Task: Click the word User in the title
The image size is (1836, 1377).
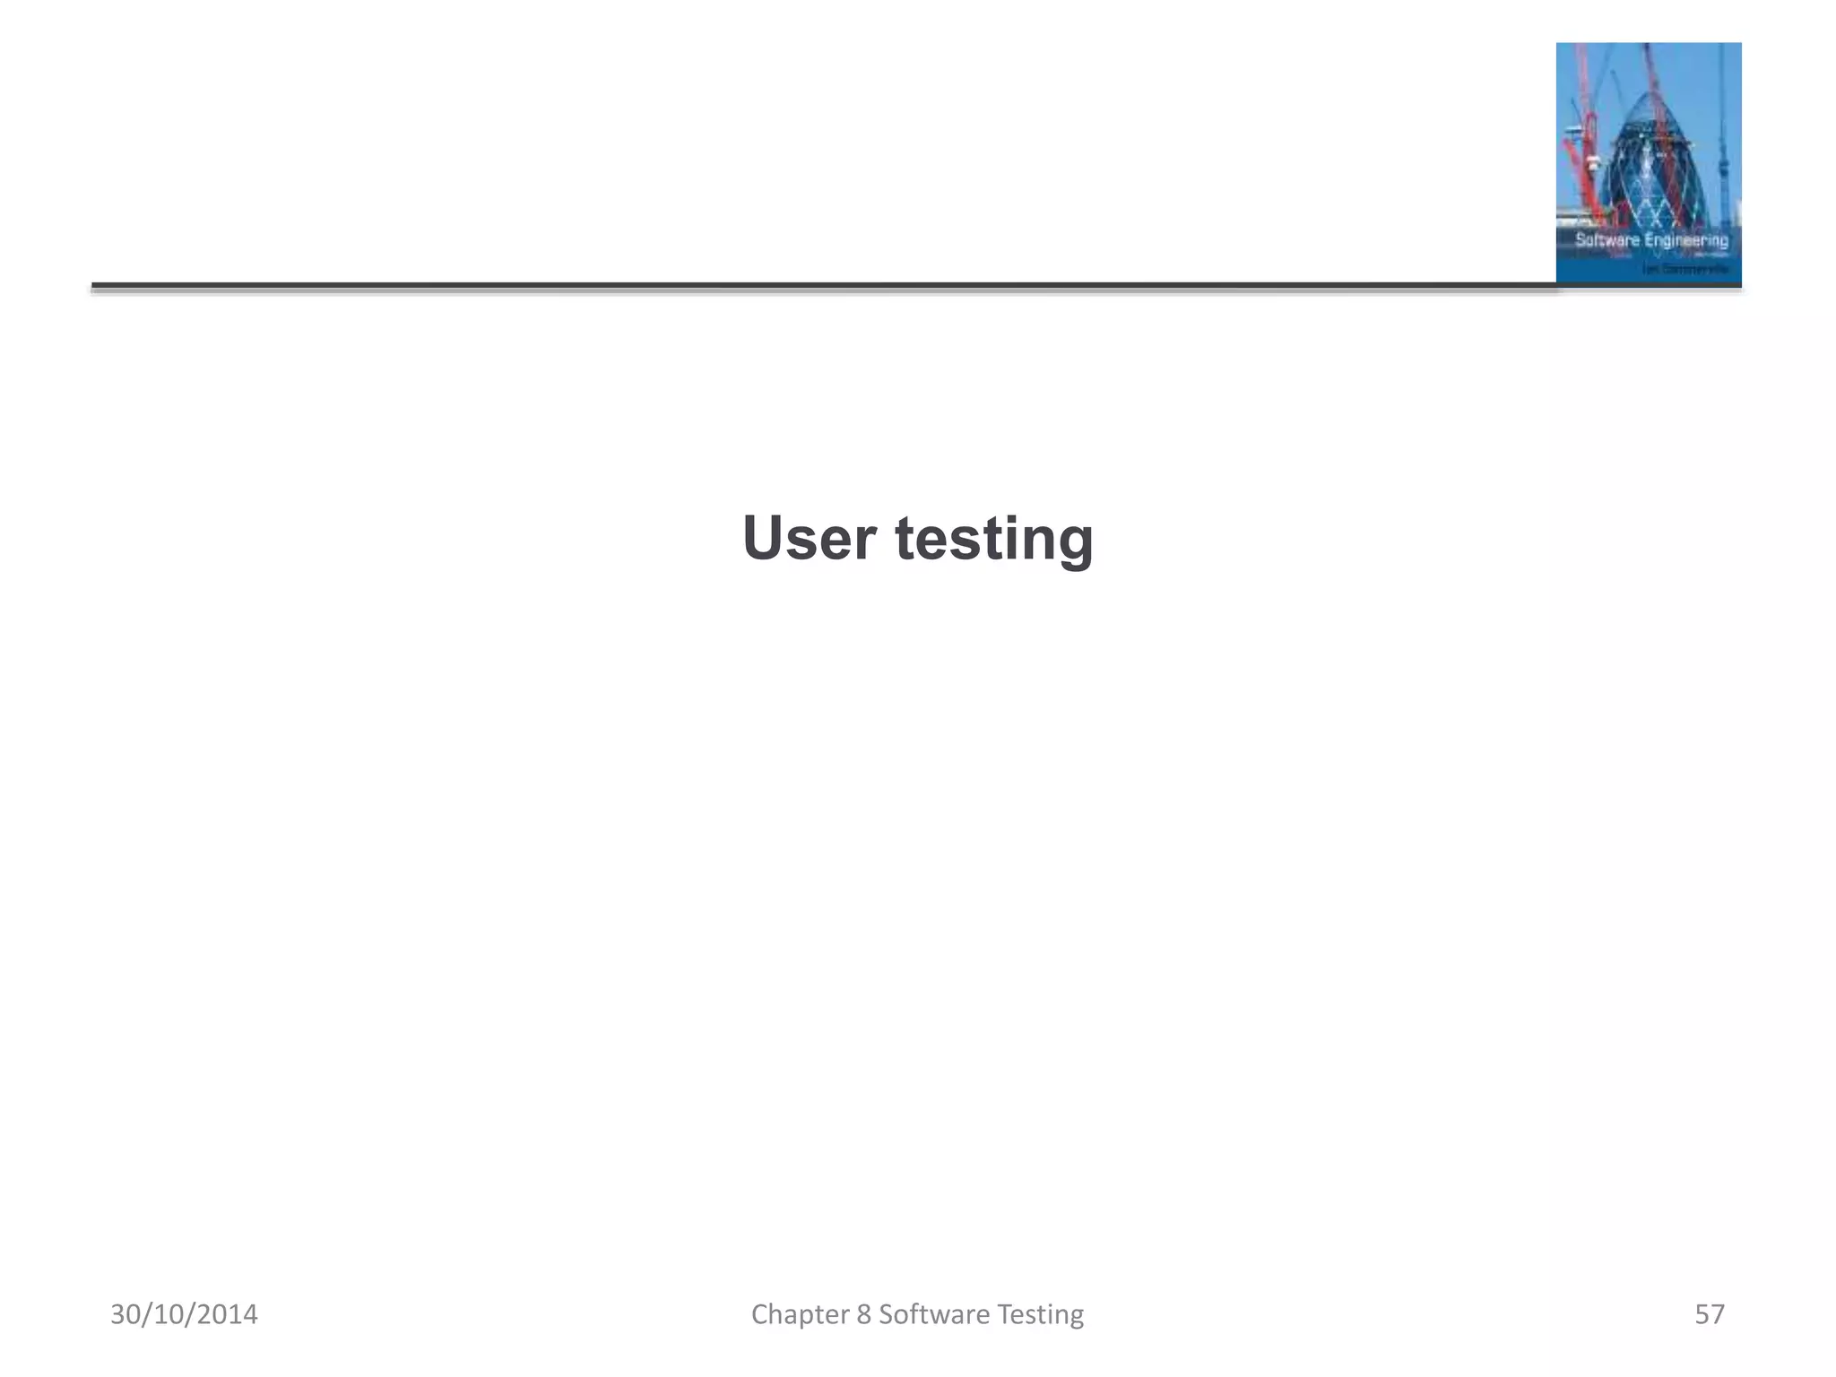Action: click(x=809, y=539)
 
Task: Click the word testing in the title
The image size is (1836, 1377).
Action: click(x=994, y=541)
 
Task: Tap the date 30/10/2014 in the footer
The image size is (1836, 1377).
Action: click(x=184, y=1314)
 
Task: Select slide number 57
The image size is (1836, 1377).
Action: click(x=1709, y=1314)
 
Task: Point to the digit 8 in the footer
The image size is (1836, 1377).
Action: click(x=863, y=1314)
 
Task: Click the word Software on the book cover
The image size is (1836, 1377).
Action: click(x=1606, y=240)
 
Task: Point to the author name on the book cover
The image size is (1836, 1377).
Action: click(x=1685, y=268)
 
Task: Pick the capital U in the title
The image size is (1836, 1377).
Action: click(x=760, y=539)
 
